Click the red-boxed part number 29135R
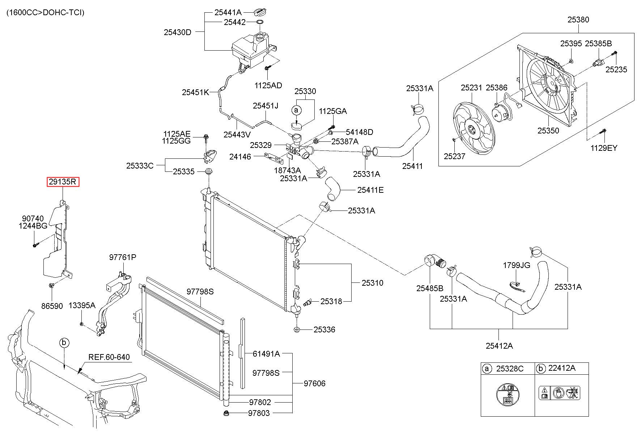pos(63,182)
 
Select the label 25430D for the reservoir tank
pos(178,32)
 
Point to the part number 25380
pos(578,20)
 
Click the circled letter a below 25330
pos(296,110)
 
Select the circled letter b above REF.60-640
pos(64,342)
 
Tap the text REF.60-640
pos(109,357)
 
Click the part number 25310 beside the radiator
pos(373,283)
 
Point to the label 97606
pos(314,383)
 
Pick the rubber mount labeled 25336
pos(297,329)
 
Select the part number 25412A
pos(499,346)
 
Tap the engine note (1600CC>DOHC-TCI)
pos(46,13)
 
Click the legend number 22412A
pos(562,368)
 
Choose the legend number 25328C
pos(510,369)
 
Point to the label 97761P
pos(123,257)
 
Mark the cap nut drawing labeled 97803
pos(226,413)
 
